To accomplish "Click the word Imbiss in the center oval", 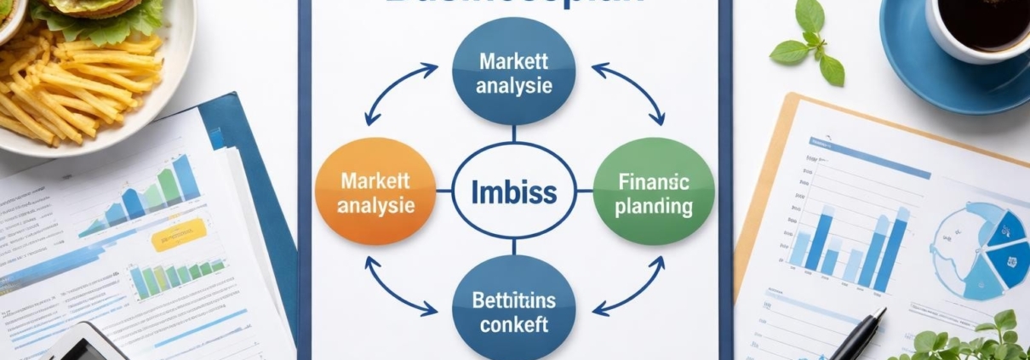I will [513, 191].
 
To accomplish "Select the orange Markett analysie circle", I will [375, 192].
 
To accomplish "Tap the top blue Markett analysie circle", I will [514, 73].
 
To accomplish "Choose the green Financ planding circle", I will [653, 192].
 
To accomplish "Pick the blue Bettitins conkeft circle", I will [513, 311].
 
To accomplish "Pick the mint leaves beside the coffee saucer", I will [808, 43].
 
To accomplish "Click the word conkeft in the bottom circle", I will [513, 324].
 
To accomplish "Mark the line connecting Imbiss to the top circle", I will [513, 134].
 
